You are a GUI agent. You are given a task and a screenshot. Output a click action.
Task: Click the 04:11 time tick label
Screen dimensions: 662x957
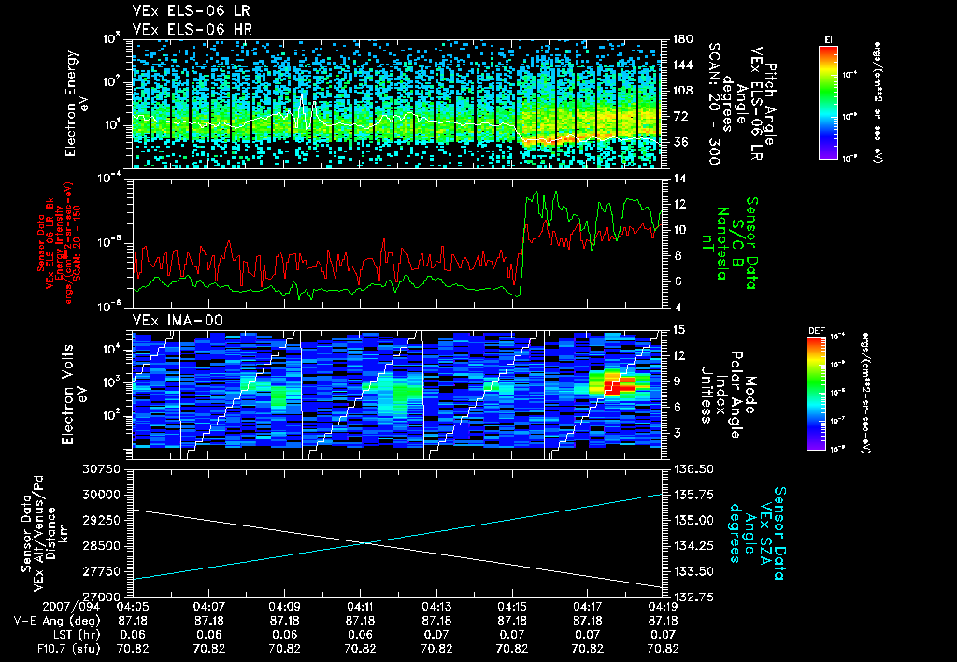point(361,606)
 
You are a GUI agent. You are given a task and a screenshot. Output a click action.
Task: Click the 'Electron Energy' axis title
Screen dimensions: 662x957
point(70,103)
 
